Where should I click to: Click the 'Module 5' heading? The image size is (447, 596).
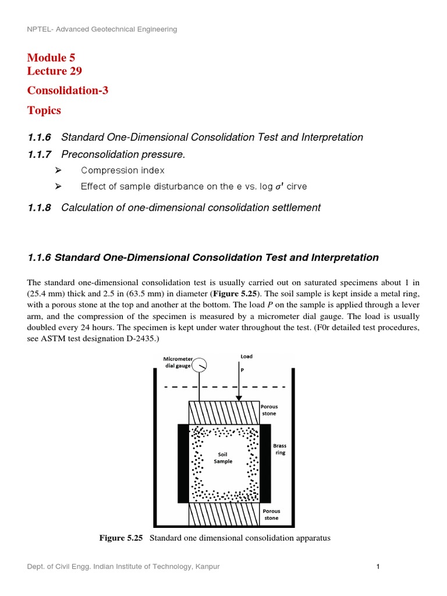click(51, 57)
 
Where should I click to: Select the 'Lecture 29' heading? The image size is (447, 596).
click(54, 71)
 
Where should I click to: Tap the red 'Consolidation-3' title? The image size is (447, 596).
click(68, 90)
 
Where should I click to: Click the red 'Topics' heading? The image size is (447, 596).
click(44, 110)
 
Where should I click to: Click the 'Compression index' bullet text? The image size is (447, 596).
click(122, 171)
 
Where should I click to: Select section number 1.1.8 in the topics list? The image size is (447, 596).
click(39, 208)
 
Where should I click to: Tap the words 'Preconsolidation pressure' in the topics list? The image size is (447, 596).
click(122, 154)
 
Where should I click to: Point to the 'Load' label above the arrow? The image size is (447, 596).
click(246, 356)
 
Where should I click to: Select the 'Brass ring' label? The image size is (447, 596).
click(280, 449)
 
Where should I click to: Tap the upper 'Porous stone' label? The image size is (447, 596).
click(269, 410)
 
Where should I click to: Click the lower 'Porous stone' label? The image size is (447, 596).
click(271, 515)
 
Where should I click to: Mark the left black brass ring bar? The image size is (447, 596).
click(183, 463)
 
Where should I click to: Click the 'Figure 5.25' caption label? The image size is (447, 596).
click(121, 538)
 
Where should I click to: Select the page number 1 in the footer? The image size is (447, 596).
click(378, 567)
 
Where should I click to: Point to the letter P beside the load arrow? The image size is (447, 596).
click(242, 370)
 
